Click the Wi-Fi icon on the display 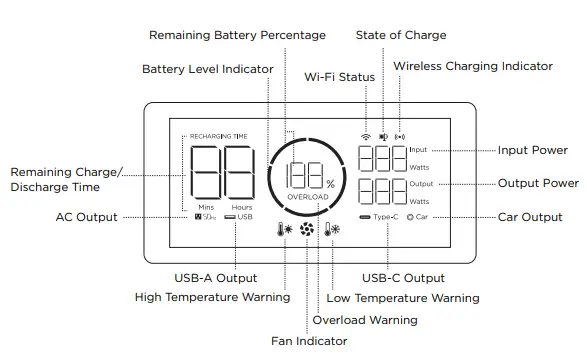(x=366, y=134)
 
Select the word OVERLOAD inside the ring (x=307, y=198)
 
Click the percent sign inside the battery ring (x=330, y=183)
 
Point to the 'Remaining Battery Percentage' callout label (x=237, y=35)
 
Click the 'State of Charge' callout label (x=401, y=35)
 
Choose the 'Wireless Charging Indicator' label (x=472, y=66)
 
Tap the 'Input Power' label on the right (x=533, y=150)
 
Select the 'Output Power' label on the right (x=538, y=183)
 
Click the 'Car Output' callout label (x=530, y=217)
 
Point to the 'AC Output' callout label (x=86, y=217)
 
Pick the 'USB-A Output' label (x=216, y=278)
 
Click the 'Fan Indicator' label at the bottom (x=309, y=341)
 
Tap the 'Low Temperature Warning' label (x=403, y=298)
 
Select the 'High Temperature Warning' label (x=212, y=297)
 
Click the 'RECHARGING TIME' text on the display (x=217, y=134)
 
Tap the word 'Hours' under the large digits (x=242, y=207)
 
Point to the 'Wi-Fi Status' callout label (x=340, y=77)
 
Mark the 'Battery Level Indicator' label (x=207, y=69)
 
